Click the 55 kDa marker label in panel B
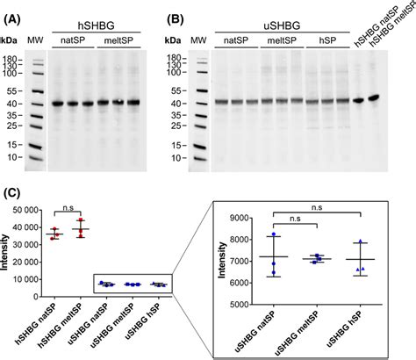tap(175, 90)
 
